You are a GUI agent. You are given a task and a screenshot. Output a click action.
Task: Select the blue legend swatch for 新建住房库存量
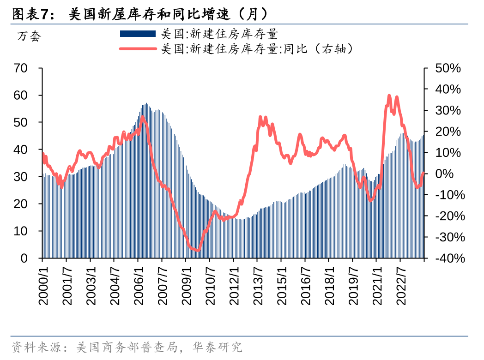point(137,34)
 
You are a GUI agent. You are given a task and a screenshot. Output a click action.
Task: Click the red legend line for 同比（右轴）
point(137,48)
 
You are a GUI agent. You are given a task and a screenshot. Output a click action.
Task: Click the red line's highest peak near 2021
point(389,96)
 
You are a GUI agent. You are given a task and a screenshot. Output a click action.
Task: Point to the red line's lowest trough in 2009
point(197,250)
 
